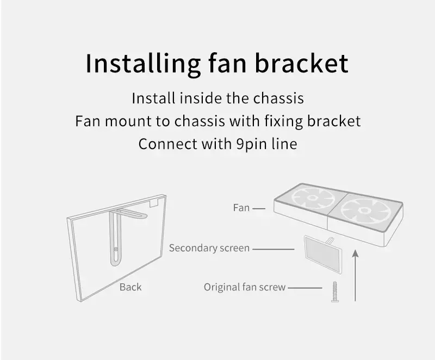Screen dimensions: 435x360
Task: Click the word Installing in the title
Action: pyautogui.click(x=143, y=64)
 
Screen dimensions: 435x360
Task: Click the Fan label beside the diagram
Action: pyautogui.click(x=241, y=208)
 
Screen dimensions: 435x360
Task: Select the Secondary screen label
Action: pyautogui.click(x=209, y=248)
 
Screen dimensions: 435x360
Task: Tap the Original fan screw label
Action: pyautogui.click(x=244, y=287)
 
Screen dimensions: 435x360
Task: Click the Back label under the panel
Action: pyautogui.click(x=130, y=287)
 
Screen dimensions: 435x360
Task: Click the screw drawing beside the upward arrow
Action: pyautogui.click(x=335, y=291)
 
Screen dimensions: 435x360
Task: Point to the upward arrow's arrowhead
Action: pyautogui.click(x=356, y=253)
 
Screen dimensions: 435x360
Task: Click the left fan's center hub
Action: pyautogui.click(x=313, y=197)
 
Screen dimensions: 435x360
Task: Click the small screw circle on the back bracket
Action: pyautogui.click(x=116, y=249)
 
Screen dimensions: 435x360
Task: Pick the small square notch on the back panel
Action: pyautogui.click(x=154, y=203)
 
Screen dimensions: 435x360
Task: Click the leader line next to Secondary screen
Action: pyautogui.click(x=274, y=249)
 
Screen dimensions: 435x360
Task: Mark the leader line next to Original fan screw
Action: pyautogui.click(x=305, y=288)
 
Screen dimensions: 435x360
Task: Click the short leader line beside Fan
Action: pyautogui.click(x=259, y=208)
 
